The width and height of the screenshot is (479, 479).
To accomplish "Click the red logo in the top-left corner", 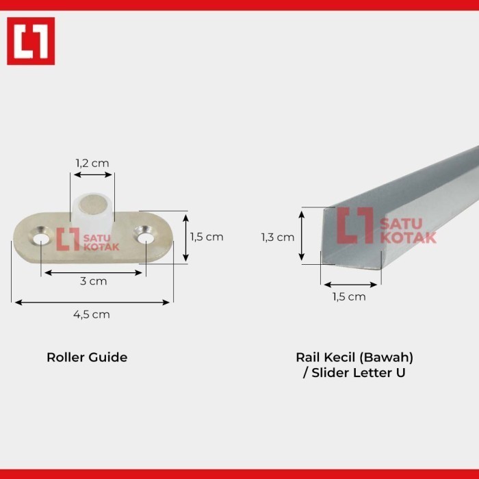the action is (31, 41).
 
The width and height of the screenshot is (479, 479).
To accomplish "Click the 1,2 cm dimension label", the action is (92, 164).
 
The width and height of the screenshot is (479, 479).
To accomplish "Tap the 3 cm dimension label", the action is (94, 281).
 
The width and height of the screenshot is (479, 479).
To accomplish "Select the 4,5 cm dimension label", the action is (92, 314).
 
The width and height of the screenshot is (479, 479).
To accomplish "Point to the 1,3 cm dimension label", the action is (278, 237).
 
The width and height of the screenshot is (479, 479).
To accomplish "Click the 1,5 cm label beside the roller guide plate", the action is (207, 237).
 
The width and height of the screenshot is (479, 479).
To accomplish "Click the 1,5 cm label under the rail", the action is (349, 296).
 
